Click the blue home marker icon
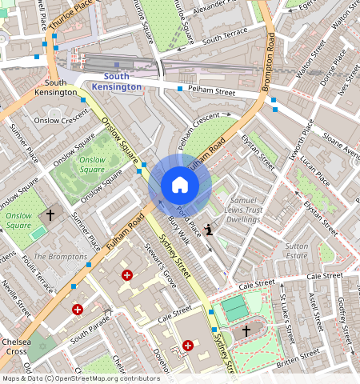point(180,186)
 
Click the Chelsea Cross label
point(16,346)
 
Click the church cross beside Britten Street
point(246,330)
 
